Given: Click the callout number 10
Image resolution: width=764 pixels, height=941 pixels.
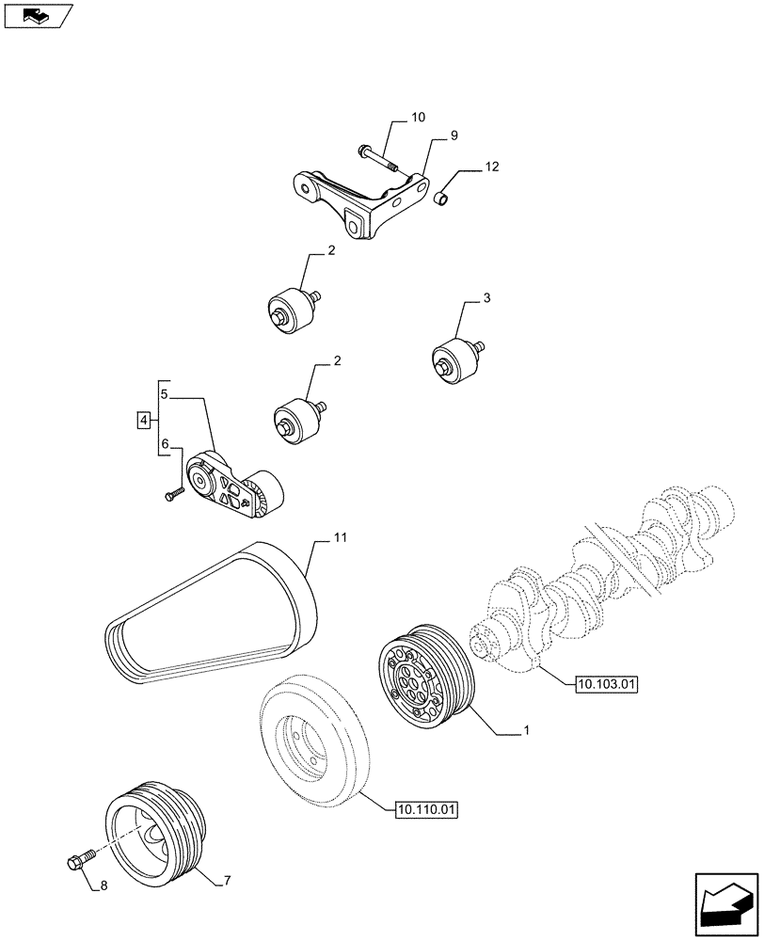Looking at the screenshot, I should click(418, 118).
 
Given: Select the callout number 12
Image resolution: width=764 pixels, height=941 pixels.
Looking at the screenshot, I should click(492, 167).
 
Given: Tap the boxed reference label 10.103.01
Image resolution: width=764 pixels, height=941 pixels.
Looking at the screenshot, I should click(604, 685).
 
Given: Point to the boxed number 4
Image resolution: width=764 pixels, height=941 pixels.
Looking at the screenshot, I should click(143, 420).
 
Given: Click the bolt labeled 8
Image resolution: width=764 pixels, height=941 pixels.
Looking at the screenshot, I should click(80, 859).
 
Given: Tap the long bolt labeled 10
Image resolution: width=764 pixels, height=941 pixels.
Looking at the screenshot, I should click(378, 156).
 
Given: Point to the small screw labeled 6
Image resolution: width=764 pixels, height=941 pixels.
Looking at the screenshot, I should click(171, 493).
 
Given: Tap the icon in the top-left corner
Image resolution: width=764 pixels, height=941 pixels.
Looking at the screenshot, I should click(38, 15).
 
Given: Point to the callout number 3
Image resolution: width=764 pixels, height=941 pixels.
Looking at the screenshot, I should click(486, 298).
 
